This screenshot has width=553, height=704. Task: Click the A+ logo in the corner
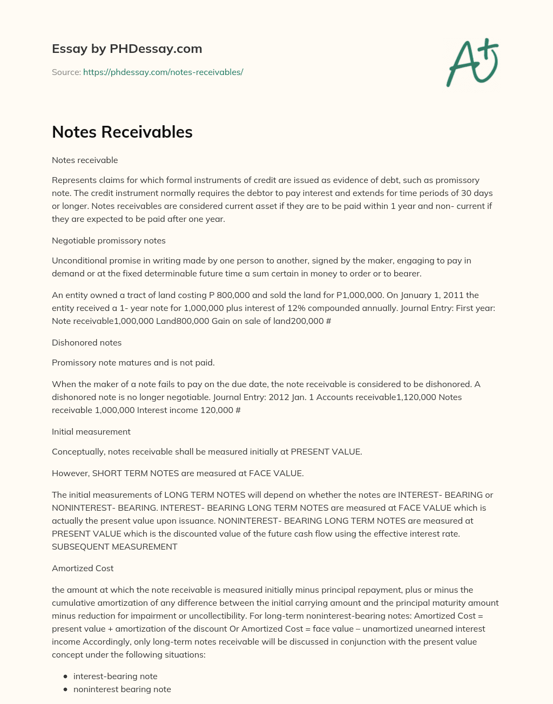click(473, 62)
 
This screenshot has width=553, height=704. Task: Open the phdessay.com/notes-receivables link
click(163, 72)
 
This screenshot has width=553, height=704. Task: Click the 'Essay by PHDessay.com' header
click(127, 49)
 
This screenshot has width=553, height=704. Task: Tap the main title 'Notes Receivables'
click(122, 132)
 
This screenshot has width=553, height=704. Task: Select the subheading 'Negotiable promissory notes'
click(109, 240)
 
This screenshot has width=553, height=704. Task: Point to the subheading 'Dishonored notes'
click(86, 342)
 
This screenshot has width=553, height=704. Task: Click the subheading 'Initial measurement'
click(91, 431)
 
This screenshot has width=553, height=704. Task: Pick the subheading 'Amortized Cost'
click(83, 568)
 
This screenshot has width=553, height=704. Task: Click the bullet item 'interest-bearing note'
click(115, 676)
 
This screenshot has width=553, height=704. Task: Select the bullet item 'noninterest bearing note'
click(122, 689)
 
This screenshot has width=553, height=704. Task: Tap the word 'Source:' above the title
click(66, 72)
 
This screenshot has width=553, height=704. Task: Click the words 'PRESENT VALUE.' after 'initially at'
click(326, 451)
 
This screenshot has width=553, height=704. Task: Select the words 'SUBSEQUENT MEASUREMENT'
click(114, 546)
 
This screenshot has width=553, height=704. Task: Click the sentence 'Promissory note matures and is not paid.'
click(133, 362)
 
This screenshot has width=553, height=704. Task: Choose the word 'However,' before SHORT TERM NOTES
click(71, 473)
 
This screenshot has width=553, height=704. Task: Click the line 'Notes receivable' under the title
click(85, 160)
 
